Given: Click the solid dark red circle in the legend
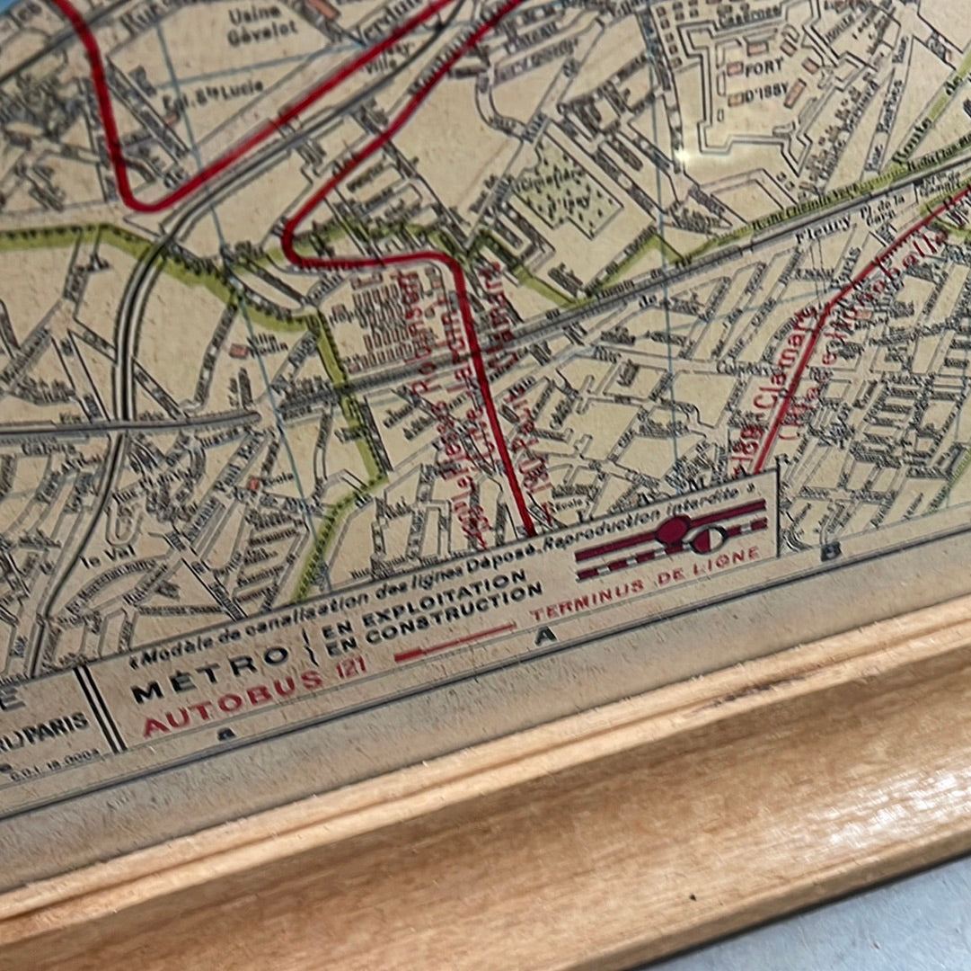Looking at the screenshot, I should coord(672,530).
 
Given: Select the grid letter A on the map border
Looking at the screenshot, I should coord(543,637).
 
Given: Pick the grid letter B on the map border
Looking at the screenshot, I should coord(830,551).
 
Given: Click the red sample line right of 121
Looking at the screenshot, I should coord(455,642).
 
